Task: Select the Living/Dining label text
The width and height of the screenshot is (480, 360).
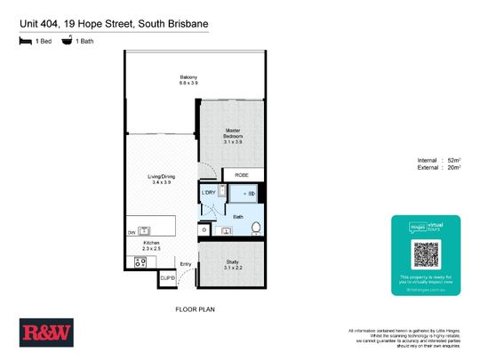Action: (x=161, y=179)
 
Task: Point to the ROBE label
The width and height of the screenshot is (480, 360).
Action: (x=242, y=175)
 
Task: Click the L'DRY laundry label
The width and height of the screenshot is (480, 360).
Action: (x=210, y=193)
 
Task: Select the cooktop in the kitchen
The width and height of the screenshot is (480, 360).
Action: (x=140, y=261)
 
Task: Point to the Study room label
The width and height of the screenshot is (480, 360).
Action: (x=233, y=264)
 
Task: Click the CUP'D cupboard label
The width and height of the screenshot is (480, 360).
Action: (x=167, y=279)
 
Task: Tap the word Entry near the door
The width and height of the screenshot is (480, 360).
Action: (x=186, y=264)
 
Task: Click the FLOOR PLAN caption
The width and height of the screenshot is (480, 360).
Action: (x=195, y=309)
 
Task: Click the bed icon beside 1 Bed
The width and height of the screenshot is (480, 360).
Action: (x=24, y=41)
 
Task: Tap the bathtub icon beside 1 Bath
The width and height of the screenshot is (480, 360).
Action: (x=67, y=41)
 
